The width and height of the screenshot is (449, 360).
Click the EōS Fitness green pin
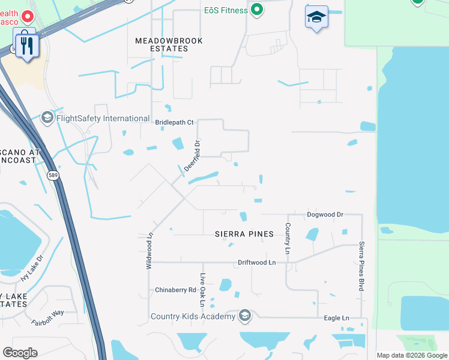pos(257,10)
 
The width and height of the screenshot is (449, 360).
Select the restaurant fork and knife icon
pos(26,45)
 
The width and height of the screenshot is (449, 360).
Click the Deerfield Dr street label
pos(191,155)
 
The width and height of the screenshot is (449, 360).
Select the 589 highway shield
pos(53,175)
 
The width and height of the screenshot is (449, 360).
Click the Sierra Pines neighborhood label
pos(244,234)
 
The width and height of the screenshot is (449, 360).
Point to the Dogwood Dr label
pos(325,214)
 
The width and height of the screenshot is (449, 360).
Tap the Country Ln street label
pos(288,238)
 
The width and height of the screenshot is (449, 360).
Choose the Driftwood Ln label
pos(256,262)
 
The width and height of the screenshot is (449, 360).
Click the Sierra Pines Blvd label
pos(361,266)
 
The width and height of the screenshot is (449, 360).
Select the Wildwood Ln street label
pos(150,251)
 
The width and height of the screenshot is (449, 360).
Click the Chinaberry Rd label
pos(175,290)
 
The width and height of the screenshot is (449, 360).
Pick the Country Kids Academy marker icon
pos(244,315)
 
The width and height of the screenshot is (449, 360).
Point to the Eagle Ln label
pos(336,317)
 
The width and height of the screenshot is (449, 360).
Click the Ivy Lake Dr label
pos(31,269)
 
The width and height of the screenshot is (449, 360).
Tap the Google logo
pos(20,353)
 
